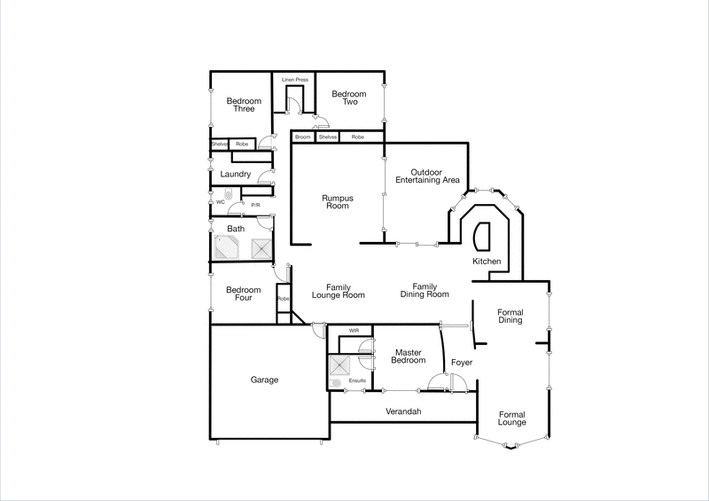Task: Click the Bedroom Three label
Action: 244,105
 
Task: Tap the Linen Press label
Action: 295,80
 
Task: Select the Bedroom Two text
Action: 349,98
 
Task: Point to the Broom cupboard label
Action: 303,137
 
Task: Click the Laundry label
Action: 236,174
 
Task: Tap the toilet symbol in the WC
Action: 229,195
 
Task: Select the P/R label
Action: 255,205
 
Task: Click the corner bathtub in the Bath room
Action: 227,248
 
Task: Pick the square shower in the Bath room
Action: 262,248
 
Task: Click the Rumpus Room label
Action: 335,201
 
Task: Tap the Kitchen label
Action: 487,262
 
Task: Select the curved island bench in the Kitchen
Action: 483,236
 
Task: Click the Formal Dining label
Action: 510,316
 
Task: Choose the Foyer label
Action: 462,363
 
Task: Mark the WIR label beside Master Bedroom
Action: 354,331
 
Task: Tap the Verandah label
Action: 403,412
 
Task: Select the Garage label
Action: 264,380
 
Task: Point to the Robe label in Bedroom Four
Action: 284,299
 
